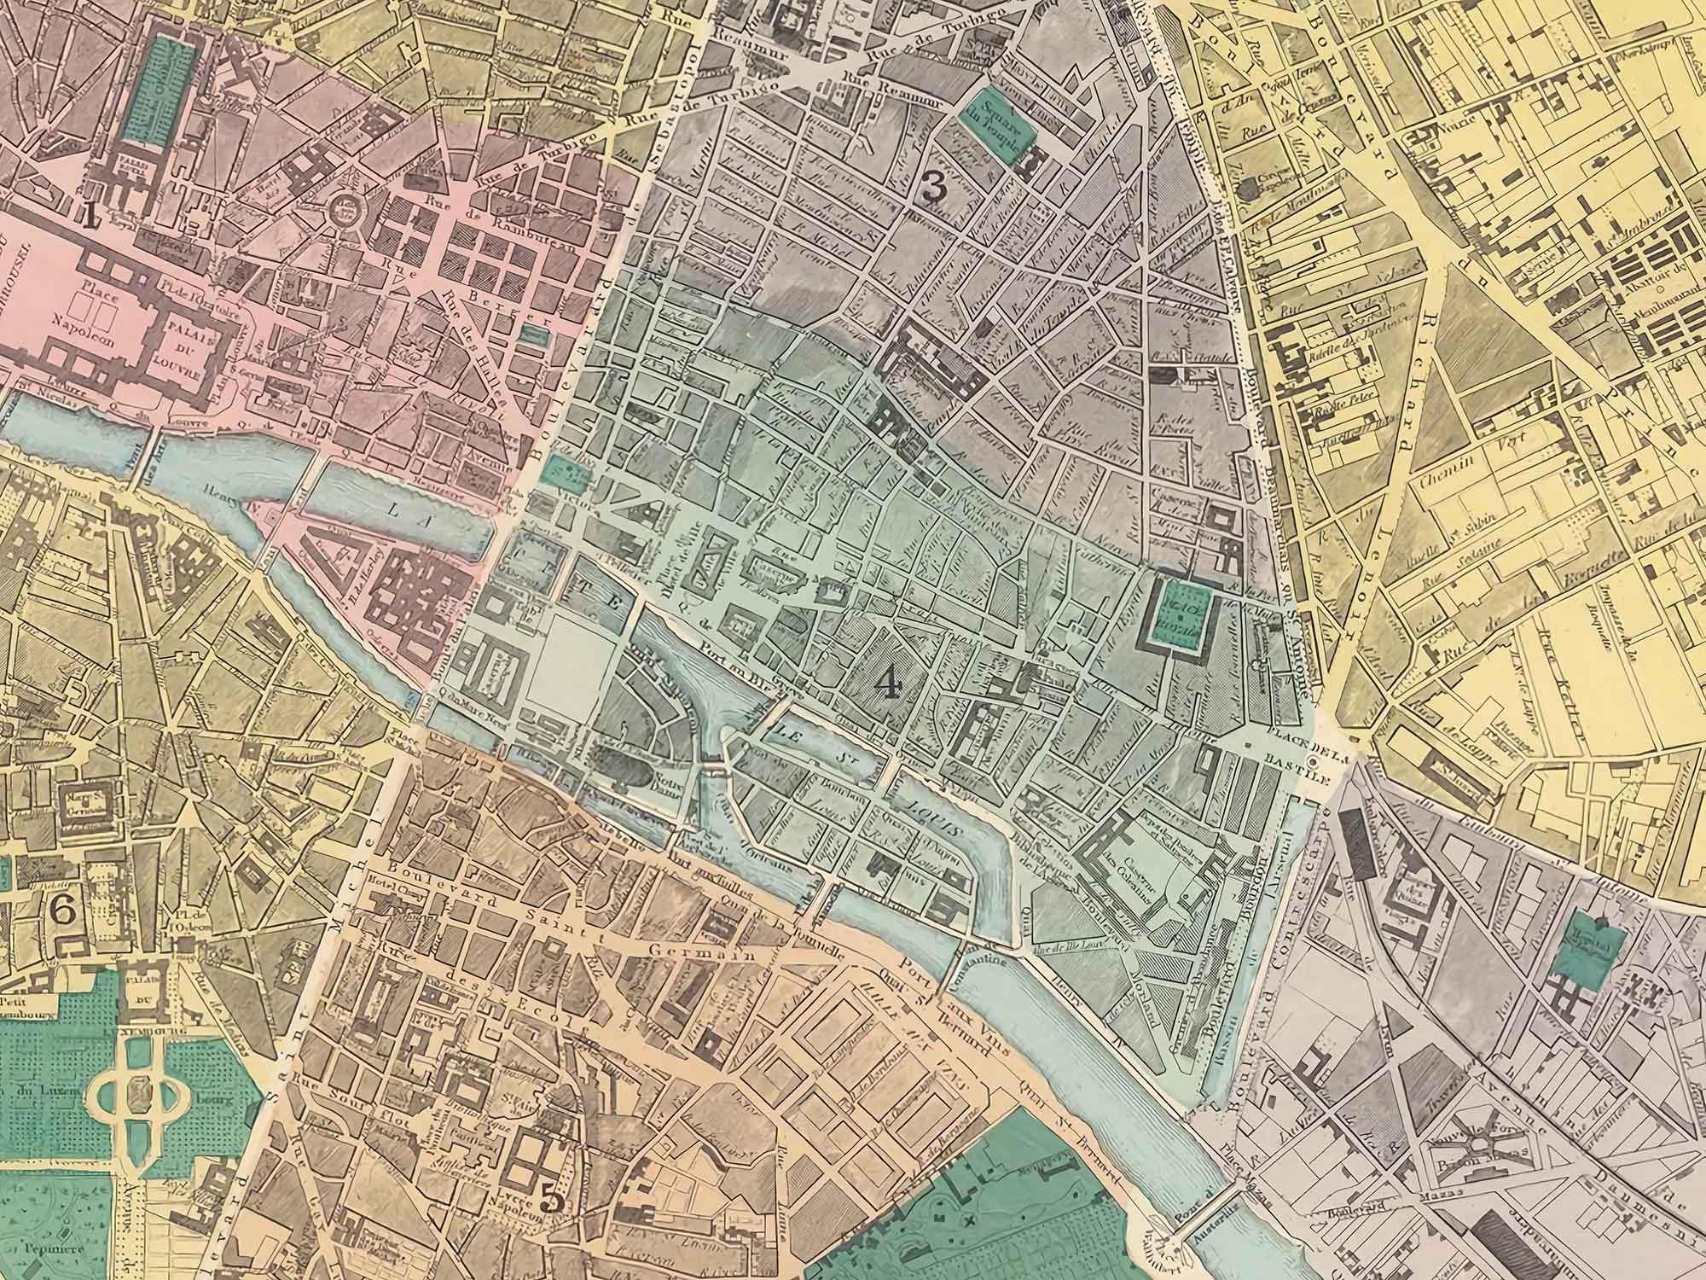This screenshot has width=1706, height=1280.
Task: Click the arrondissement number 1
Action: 89,213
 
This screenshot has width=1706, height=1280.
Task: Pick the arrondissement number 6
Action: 62,911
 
